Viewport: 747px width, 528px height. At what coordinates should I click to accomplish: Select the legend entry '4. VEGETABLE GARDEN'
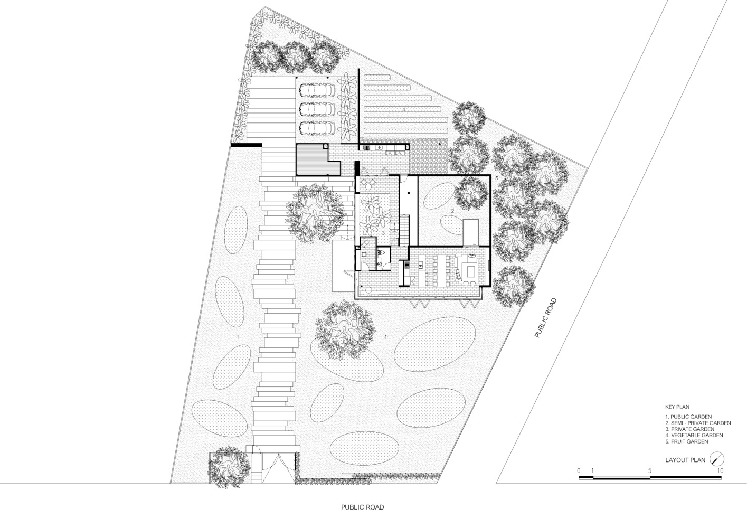click(694, 435)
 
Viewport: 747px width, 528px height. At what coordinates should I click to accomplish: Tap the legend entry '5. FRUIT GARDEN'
click(686, 441)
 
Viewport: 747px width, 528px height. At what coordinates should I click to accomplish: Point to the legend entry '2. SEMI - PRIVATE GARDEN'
click(697, 423)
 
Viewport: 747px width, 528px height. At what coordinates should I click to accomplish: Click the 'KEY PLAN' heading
click(677, 407)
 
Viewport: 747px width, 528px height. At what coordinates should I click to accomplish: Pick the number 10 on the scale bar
click(720, 470)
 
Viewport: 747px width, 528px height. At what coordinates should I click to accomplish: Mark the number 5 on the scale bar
click(650, 470)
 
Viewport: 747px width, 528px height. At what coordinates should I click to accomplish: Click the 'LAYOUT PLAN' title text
click(685, 460)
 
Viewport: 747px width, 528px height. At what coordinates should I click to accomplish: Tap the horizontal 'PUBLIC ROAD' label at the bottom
click(362, 507)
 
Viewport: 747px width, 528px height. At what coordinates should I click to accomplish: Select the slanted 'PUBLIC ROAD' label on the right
click(545, 318)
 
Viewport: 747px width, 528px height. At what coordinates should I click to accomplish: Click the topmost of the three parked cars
click(317, 90)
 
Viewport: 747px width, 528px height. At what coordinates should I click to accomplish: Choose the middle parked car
click(317, 109)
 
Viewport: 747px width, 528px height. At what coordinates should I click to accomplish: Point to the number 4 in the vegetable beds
click(403, 109)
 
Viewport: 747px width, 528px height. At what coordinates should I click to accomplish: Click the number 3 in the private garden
click(383, 233)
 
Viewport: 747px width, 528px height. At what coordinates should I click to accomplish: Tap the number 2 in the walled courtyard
click(452, 211)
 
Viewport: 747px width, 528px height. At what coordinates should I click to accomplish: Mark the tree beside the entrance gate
click(229, 466)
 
